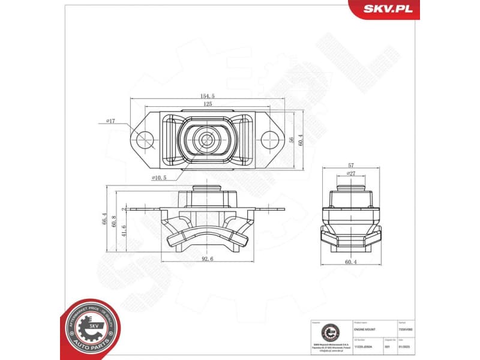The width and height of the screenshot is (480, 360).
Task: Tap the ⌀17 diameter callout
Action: click(110, 121)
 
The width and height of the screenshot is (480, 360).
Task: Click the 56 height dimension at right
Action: click(290, 139)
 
